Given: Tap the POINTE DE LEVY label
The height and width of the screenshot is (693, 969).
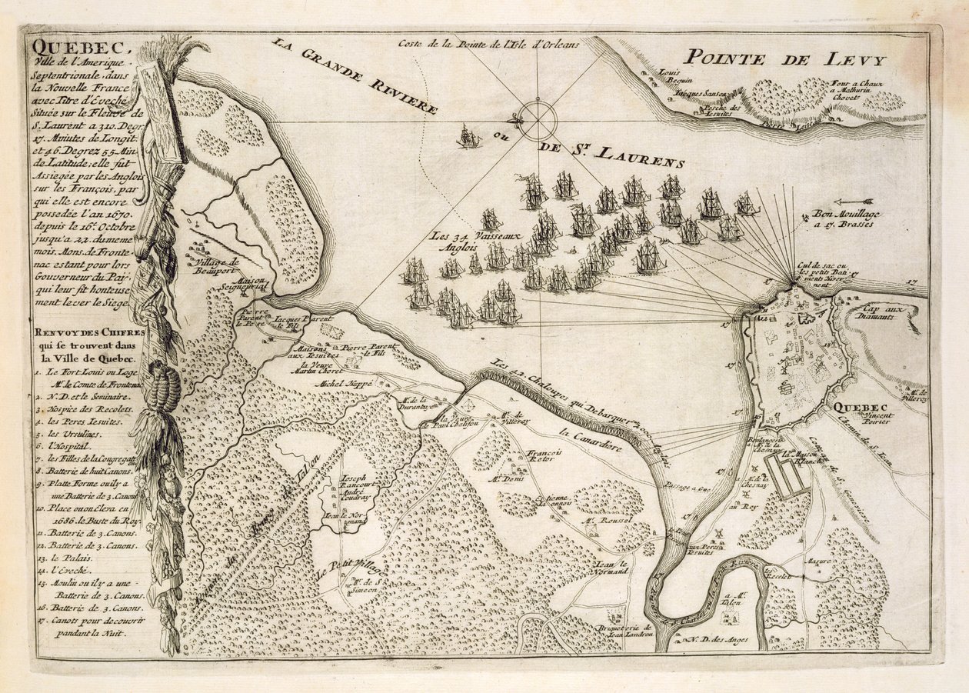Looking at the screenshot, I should (x=785, y=58).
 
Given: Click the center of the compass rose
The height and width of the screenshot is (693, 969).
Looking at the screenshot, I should (x=537, y=121).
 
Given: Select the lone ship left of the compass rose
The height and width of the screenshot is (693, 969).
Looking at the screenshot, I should (x=468, y=137).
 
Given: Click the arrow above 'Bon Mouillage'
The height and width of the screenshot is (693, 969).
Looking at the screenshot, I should (x=853, y=202).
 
